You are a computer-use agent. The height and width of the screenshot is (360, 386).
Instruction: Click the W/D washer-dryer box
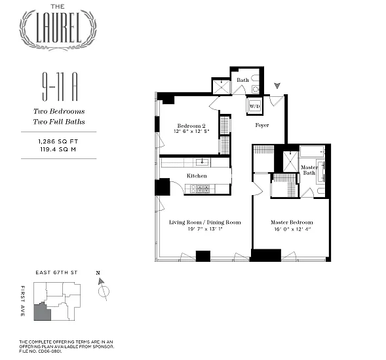click(254, 106)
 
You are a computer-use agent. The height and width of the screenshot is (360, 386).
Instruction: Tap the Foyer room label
click(262, 125)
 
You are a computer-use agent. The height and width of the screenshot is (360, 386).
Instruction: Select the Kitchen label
click(197, 175)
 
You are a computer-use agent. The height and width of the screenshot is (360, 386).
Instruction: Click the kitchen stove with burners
click(200, 189)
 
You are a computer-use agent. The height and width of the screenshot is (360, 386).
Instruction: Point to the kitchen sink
click(202, 162)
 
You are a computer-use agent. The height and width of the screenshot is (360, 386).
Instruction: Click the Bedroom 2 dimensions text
click(191, 132)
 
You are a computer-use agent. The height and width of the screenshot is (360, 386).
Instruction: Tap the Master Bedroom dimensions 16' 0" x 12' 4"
click(292, 229)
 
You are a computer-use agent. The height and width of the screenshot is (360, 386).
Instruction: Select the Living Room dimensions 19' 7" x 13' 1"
click(205, 229)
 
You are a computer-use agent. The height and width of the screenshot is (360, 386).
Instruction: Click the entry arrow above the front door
click(277, 86)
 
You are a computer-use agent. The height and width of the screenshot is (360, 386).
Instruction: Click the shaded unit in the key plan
click(43, 312)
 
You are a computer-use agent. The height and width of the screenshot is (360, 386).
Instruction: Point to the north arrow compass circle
click(104, 292)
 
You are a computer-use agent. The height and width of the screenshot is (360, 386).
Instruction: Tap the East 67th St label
click(56, 272)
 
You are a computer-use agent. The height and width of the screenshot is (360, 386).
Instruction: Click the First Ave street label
click(23, 300)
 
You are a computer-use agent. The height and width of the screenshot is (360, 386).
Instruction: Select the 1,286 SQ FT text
click(58, 141)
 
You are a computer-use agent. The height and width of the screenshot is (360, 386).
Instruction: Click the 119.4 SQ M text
click(58, 149)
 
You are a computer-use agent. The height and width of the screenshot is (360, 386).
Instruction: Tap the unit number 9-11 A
click(60, 86)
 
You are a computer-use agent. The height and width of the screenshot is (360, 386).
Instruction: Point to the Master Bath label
click(309, 170)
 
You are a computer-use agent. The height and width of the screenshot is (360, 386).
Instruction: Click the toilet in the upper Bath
click(256, 89)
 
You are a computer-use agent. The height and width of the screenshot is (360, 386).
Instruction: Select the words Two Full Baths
click(59, 122)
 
